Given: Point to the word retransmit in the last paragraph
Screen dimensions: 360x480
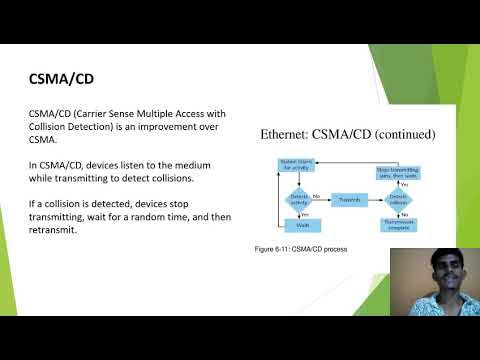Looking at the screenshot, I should click(x=59, y=229).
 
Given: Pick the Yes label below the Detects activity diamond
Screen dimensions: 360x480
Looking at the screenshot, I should click(x=306, y=212).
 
